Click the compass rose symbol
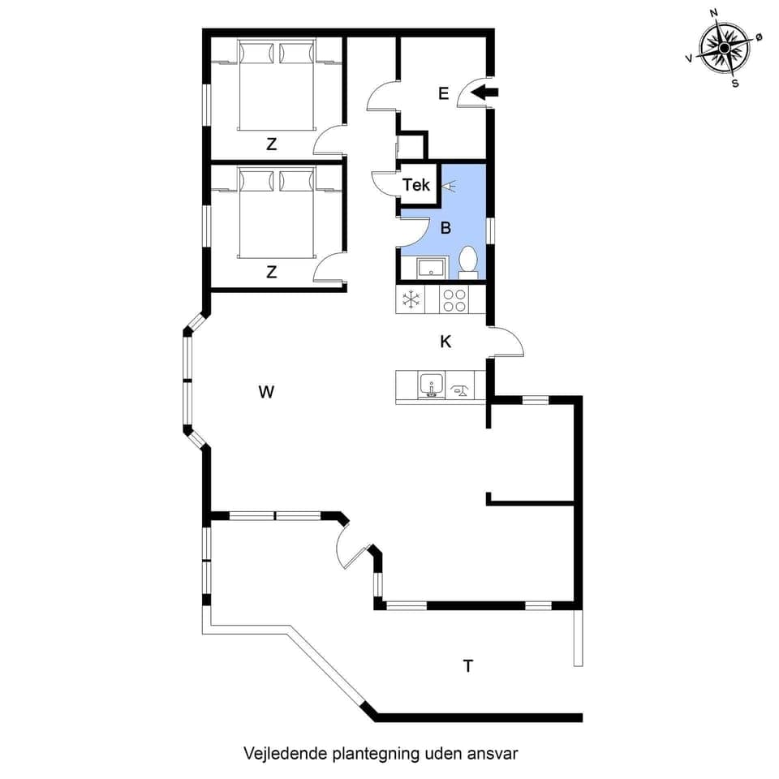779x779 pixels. point(724,48)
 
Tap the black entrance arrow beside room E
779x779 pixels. point(485,93)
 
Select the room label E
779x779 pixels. point(443,93)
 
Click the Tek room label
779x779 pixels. point(416,185)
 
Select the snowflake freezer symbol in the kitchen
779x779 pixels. point(411,299)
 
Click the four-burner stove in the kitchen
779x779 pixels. point(454,300)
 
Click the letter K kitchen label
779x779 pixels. point(445,342)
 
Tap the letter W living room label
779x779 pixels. point(266,393)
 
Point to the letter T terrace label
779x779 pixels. point(468,666)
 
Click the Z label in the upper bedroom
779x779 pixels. point(272,145)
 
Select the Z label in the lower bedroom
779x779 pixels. point(272,273)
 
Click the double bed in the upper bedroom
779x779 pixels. point(275,86)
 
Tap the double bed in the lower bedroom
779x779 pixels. point(275,213)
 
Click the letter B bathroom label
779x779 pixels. point(445,228)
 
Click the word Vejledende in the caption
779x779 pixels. point(286,753)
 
